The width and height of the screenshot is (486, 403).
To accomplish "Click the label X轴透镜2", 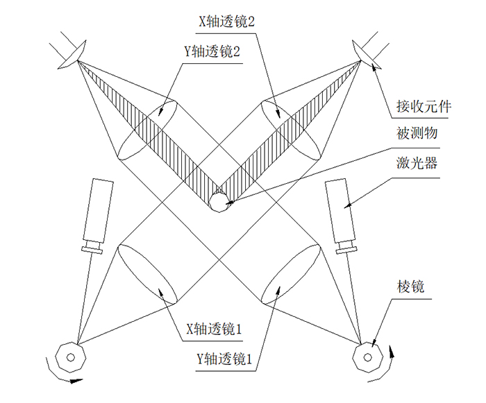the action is point(226,22).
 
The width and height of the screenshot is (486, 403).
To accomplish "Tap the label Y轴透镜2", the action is point(212,51).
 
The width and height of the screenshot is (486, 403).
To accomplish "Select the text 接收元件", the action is point(424,106).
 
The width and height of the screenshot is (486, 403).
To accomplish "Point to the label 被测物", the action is point(417,133).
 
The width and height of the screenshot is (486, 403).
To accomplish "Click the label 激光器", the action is point(417,162).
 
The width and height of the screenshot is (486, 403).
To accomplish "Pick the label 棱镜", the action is point(410,286).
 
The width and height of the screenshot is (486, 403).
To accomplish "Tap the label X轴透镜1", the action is point(214,329).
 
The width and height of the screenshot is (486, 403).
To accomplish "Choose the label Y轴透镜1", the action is point(224,359).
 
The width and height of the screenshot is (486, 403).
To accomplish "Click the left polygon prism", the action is point(71,357).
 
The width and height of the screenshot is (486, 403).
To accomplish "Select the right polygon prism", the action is point(368,357).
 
